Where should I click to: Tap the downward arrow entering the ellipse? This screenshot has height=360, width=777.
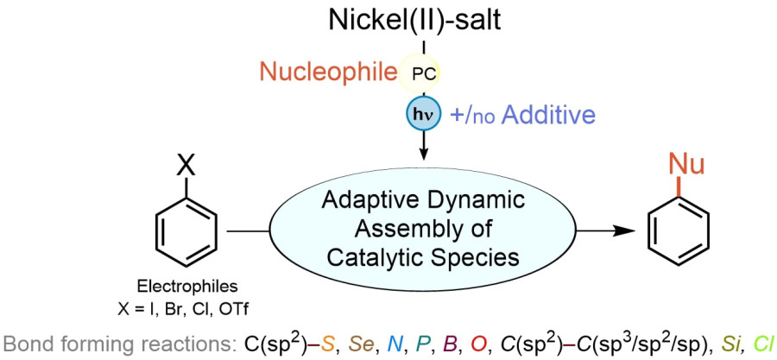(x=423, y=152)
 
